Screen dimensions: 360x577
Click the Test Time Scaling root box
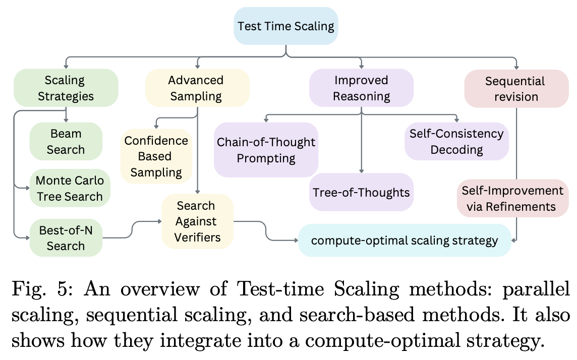pos(285,26)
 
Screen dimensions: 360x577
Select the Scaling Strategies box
pos(66,88)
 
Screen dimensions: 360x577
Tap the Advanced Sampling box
pos(196,88)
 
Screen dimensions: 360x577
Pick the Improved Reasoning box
pos(361,88)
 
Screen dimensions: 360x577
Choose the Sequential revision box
pos(515,88)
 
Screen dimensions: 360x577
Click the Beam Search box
pos(66,142)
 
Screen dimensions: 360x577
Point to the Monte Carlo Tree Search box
pos(70,188)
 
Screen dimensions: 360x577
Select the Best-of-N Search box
pos(66,238)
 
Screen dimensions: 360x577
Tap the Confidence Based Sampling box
pos(156,156)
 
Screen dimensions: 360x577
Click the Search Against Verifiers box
pos(196,221)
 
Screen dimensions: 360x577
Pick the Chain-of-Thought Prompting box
pos(266,150)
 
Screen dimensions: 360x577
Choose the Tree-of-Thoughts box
pos(361,192)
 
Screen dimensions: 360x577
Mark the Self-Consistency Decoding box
pos(456,142)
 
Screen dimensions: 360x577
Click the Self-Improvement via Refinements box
pos(512,198)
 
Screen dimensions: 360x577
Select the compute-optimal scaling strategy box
pos(404,241)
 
